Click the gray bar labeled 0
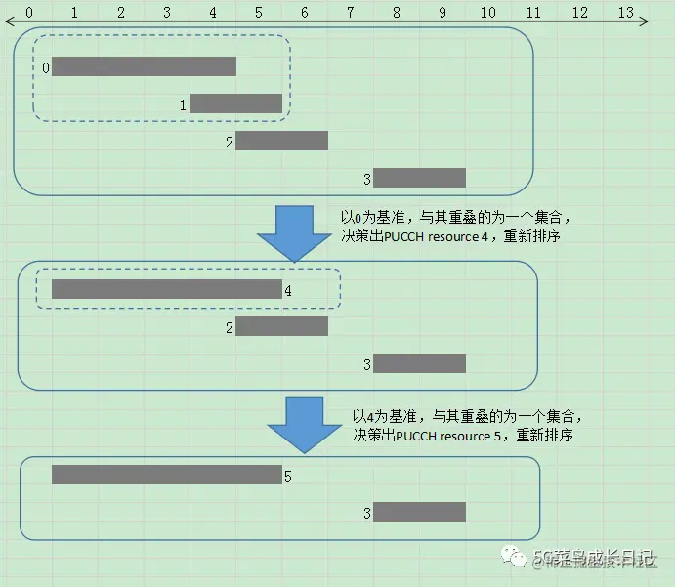pyautogui.click(x=145, y=66)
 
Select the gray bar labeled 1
pyautogui.click(x=235, y=104)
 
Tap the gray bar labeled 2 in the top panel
pyautogui.click(x=281, y=141)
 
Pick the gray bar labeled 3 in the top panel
pyautogui.click(x=419, y=178)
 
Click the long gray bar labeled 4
pyautogui.click(x=166, y=289)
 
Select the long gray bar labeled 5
pyautogui.click(x=166, y=475)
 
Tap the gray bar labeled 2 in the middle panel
pyautogui.click(x=281, y=326)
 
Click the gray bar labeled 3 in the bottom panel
pyautogui.click(x=419, y=512)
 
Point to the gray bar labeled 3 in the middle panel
pyautogui.click(x=419, y=363)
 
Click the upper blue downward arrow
pyautogui.click(x=294, y=232)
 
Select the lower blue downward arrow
pyautogui.click(x=306, y=423)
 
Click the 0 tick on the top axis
pyautogui.click(x=28, y=13)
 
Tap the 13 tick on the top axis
pyautogui.click(x=626, y=13)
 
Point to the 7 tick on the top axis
pyautogui.click(x=350, y=13)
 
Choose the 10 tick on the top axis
pyautogui.click(x=487, y=13)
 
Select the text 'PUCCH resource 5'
pyautogui.click(x=444, y=436)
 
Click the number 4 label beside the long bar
pyautogui.click(x=288, y=290)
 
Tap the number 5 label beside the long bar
pyautogui.click(x=288, y=476)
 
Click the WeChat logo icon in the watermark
pyautogui.click(x=514, y=557)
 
